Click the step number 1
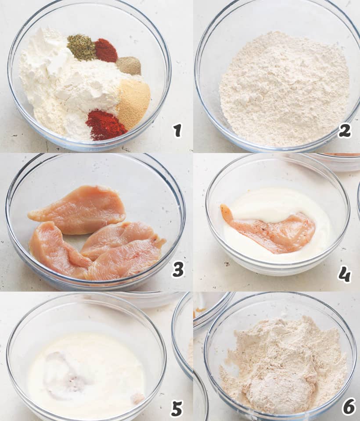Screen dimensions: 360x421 click(x=177, y=131)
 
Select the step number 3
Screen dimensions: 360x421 click(x=178, y=269)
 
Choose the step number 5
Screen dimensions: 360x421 click(x=177, y=408)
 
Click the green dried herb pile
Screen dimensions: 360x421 click(x=81, y=47)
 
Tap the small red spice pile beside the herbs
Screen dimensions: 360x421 click(x=106, y=50)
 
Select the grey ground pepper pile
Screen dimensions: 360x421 click(x=129, y=65)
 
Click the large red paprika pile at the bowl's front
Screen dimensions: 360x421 click(x=105, y=125)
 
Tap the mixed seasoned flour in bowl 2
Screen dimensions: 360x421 click(x=284, y=89)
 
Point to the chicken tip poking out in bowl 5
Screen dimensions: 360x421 click(x=138, y=398)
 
